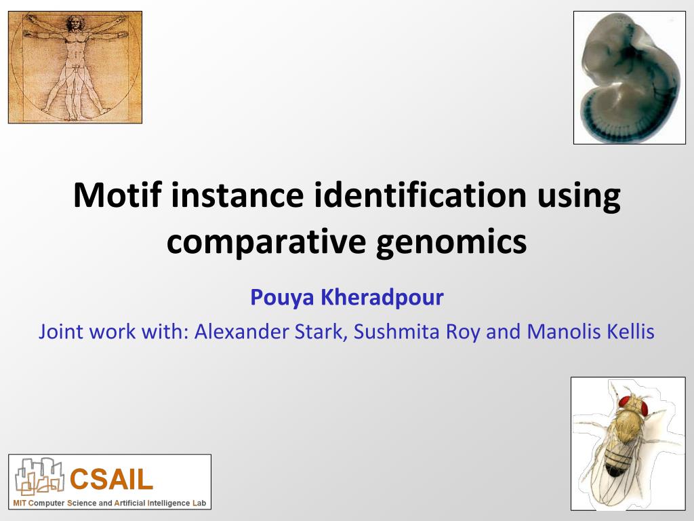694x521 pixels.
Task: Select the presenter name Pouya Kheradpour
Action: point(346,297)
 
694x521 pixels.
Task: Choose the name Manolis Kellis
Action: point(590,332)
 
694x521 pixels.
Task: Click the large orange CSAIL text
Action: point(112,479)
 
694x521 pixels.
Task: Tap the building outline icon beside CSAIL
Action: point(39,476)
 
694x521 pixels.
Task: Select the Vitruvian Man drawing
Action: point(75,67)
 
